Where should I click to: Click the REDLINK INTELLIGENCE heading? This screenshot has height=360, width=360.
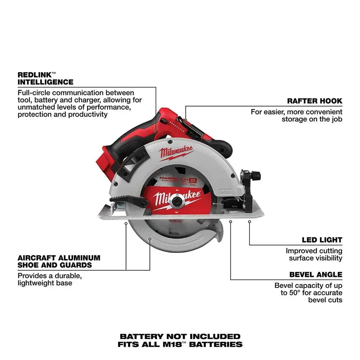pyautogui.click(x=45, y=78)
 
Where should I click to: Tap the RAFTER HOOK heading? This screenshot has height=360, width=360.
pyautogui.click(x=314, y=101)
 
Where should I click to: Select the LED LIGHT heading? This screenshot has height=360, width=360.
pyautogui.click(x=322, y=240)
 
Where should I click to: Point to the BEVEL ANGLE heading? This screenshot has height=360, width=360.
pyautogui.click(x=316, y=275)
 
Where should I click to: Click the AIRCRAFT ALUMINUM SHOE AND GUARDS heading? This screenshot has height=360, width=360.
pyautogui.click(x=59, y=262)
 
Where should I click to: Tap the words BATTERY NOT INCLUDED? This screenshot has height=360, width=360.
pyautogui.click(x=180, y=337)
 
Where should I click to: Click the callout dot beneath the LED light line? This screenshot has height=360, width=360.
pyautogui.click(x=249, y=222)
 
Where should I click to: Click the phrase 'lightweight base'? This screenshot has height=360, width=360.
pyautogui.click(x=45, y=283)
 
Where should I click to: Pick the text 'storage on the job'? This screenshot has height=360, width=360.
pyautogui.click(x=312, y=119)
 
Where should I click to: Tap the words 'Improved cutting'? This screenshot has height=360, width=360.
pyautogui.click(x=314, y=251)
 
